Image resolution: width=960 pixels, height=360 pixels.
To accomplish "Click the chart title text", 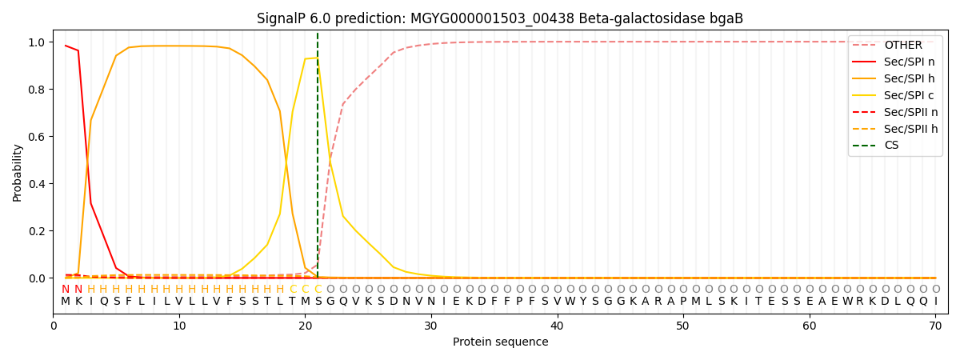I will coord(500,18).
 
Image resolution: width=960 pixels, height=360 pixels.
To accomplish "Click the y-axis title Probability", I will coord(18,172).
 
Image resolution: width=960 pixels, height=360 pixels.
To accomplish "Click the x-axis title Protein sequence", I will coord(500,342).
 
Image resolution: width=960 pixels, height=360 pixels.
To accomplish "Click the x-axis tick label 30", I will coord(431,326).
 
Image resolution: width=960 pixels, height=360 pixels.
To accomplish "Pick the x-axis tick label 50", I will coord(683,326).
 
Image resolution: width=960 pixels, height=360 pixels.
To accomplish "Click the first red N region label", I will coord(66,290).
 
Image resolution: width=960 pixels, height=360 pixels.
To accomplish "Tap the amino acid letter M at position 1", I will coord(66,302).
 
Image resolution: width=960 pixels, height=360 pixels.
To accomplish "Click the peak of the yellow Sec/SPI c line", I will coord(317,58).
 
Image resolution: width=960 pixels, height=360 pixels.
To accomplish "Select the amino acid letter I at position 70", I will coord(935,302).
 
